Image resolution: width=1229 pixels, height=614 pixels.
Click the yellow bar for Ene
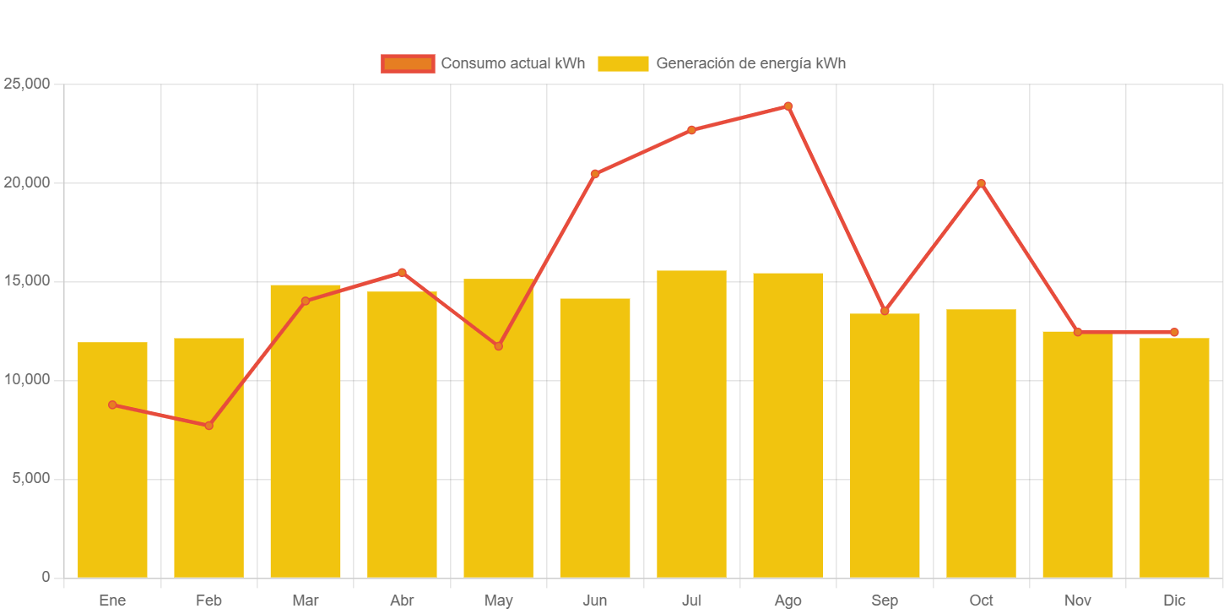coord(112,460)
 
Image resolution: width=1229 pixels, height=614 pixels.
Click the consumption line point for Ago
coord(788,106)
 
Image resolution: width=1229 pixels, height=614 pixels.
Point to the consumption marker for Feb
coord(209,426)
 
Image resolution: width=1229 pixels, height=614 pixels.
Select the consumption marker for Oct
coord(981,183)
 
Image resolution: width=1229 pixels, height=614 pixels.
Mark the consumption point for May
coord(499,346)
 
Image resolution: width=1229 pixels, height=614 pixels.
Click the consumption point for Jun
coord(595,174)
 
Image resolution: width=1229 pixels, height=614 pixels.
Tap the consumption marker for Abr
coord(402,272)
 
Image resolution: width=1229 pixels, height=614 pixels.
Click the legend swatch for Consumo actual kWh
coord(408,63)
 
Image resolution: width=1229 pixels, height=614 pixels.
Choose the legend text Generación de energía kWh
coord(750,63)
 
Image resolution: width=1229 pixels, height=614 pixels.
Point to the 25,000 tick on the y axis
coord(27,84)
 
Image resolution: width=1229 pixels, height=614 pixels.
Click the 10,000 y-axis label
coord(27,379)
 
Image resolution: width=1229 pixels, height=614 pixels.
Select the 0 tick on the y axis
coord(46,577)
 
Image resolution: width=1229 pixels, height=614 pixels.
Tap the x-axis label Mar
coord(306,600)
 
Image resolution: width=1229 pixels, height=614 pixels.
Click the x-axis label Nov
coord(1078,600)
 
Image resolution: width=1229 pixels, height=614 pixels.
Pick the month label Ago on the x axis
coord(788,600)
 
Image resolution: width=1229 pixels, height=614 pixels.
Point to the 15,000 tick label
coord(27,280)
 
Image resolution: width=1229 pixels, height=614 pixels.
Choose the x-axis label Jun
coord(595,600)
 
